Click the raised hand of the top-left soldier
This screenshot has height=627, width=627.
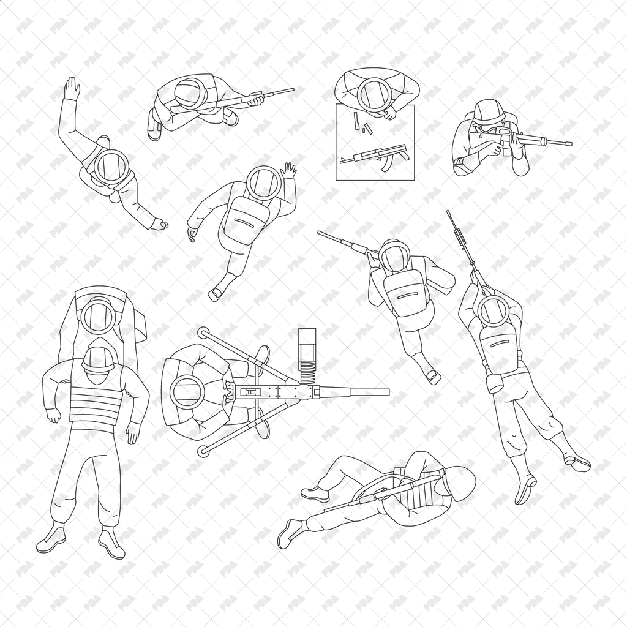coord(72,89)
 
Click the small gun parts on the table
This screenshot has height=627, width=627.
coord(362,124)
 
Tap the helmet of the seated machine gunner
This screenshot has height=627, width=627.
coord(186,392)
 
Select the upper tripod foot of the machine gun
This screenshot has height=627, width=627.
coord(203,332)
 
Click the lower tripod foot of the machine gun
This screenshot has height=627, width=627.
coord(203,452)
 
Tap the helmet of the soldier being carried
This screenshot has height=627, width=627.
coord(98,315)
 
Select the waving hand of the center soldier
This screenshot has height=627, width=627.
coord(288,170)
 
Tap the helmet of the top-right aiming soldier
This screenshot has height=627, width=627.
coord(488,112)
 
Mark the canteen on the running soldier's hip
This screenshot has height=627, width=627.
coord(495,383)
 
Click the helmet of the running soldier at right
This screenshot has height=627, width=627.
coord(493,310)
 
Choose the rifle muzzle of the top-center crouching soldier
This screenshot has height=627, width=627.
coord(291,89)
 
